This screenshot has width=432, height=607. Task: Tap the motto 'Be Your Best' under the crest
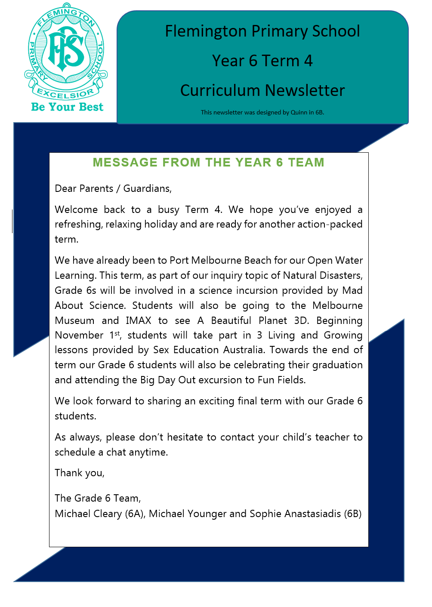(67, 107)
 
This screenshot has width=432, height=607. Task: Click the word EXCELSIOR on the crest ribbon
(65, 93)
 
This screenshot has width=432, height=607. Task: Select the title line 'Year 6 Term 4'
(262, 61)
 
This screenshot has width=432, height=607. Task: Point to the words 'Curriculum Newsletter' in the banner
(262, 91)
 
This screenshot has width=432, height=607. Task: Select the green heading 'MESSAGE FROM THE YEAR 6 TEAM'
(208, 163)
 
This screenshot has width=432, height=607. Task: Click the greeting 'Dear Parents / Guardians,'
(113, 188)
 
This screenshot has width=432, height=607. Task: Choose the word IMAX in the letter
(139, 320)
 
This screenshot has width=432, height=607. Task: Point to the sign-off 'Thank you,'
(80, 473)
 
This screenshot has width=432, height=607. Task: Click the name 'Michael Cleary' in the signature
(88, 514)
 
